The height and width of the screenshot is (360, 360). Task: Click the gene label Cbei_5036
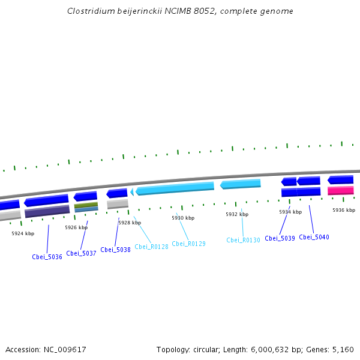coord(47,257)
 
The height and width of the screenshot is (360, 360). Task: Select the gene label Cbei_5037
coord(81,253)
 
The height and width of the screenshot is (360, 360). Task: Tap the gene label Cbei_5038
coord(115,250)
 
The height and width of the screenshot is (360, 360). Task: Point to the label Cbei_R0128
coord(151,247)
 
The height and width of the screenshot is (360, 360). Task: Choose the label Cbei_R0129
coord(188,244)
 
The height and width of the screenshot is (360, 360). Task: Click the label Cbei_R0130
coord(243,240)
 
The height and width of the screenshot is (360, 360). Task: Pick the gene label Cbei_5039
coord(280,238)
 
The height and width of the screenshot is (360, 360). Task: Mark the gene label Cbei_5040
coord(314,237)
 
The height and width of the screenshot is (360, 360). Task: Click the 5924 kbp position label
coord(23,233)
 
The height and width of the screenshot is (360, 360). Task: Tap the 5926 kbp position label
coord(76,227)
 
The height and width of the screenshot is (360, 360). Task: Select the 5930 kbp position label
coord(183,218)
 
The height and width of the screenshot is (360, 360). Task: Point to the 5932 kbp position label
coord(237,214)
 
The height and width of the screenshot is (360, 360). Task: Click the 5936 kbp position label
coord(344,210)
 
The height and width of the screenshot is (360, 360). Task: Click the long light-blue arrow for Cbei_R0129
coord(175,188)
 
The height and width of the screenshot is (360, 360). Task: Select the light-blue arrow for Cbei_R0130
coord(241,184)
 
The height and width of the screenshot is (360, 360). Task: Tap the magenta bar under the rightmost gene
coord(340,190)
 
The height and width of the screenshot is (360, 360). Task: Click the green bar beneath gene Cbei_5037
coord(86,205)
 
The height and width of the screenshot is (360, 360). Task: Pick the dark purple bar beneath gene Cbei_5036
coord(47,211)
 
